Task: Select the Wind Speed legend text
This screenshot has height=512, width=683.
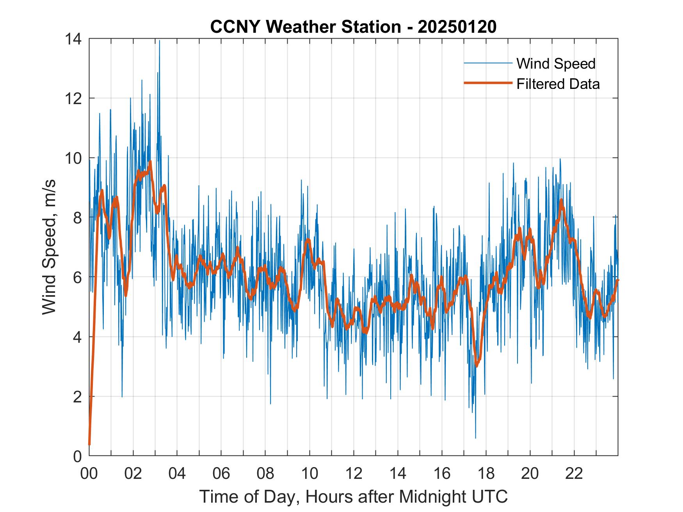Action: coord(556,64)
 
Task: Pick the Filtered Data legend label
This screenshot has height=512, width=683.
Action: coord(558,84)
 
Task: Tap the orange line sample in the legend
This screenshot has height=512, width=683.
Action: coord(487,83)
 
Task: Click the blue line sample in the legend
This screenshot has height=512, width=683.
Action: coord(487,63)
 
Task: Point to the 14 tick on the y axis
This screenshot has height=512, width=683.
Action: coord(74,39)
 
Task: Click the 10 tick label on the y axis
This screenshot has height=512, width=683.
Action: coord(74,158)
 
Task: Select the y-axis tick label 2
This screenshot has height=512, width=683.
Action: coord(77,397)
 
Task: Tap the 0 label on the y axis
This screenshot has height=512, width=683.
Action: coord(77,456)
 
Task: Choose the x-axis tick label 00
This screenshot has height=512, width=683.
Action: coord(89,474)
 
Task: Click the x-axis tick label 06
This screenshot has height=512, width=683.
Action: coord(221,474)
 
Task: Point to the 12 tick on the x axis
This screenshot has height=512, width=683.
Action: coord(354,474)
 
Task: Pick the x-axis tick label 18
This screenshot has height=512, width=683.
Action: coord(486,474)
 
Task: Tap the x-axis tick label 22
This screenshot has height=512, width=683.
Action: coord(574,474)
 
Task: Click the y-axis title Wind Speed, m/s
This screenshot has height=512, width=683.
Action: coord(49,247)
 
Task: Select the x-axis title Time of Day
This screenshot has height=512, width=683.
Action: coord(353,497)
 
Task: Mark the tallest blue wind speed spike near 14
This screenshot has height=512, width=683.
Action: coord(159,41)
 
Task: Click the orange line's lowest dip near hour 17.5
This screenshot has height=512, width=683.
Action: coord(476,366)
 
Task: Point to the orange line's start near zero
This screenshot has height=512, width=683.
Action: coord(89,444)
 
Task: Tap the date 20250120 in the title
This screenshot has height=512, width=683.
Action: coord(457,27)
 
